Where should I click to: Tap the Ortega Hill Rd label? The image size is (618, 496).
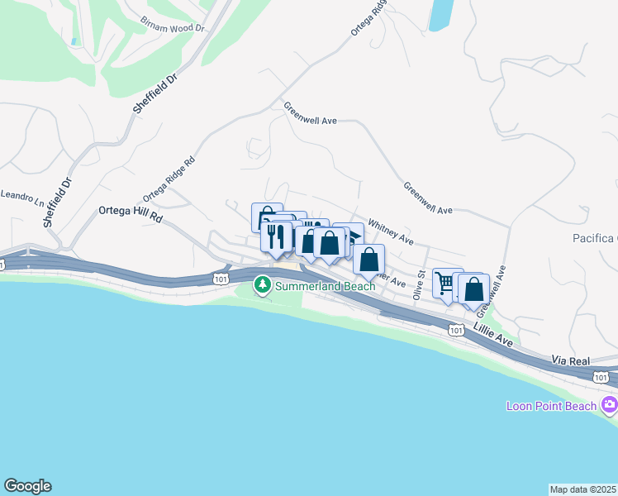pyautogui.click(x=131, y=211)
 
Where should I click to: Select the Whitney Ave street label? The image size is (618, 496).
pyautogui.click(x=390, y=231)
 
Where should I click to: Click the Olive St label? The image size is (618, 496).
pyautogui.click(x=420, y=283)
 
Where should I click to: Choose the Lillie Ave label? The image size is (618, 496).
pyautogui.click(x=493, y=334)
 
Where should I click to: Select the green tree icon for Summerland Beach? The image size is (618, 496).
pyautogui.click(x=263, y=285)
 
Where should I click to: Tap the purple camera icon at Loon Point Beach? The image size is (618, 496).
pyautogui.click(x=610, y=404)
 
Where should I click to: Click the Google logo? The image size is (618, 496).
pyautogui.click(x=27, y=486)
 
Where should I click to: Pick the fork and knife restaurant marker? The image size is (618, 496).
pyautogui.click(x=276, y=236)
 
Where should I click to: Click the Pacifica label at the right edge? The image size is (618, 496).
pyautogui.click(x=595, y=239)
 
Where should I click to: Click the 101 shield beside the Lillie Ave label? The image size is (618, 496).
pyautogui.click(x=456, y=330)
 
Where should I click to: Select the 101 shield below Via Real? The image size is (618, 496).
pyautogui.click(x=601, y=377)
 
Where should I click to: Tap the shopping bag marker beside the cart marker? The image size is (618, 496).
pyautogui.click(x=474, y=289)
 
